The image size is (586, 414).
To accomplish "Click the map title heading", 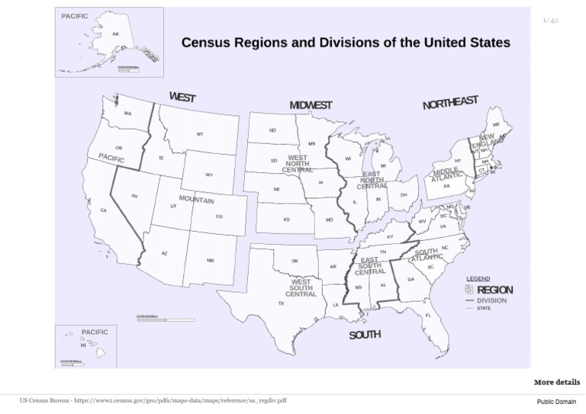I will tap(346, 43).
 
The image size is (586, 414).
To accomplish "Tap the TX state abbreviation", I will tap(281, 303).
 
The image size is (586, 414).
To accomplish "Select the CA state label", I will tap(103, 210).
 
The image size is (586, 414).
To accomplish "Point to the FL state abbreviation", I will tap(428, 315).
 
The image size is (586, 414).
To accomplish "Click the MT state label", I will tap(200, 134).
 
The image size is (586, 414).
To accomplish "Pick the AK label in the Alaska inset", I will tap(115, 34).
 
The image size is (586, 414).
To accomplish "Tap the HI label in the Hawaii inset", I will tap(83, 345).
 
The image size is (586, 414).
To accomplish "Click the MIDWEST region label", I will tap(311, 105).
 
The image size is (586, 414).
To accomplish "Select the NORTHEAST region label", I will tap(450, 103).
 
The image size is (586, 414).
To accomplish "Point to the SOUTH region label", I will tap(365, 335).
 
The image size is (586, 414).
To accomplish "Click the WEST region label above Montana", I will tap(182, 98).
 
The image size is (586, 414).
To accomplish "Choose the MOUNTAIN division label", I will tap(196, 200).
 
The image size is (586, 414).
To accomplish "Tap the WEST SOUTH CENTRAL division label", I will tap(300, 288).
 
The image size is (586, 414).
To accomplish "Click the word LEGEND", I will tap(478, 279).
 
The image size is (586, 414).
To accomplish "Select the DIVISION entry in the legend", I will tap(491, 300).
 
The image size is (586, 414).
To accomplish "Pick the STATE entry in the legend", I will tap(485, 309).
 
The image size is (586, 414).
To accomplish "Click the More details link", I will tap(556, 382).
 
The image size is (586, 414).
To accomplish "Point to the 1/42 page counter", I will tap(550, 21).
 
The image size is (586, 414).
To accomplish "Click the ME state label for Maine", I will tap(496, 124).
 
